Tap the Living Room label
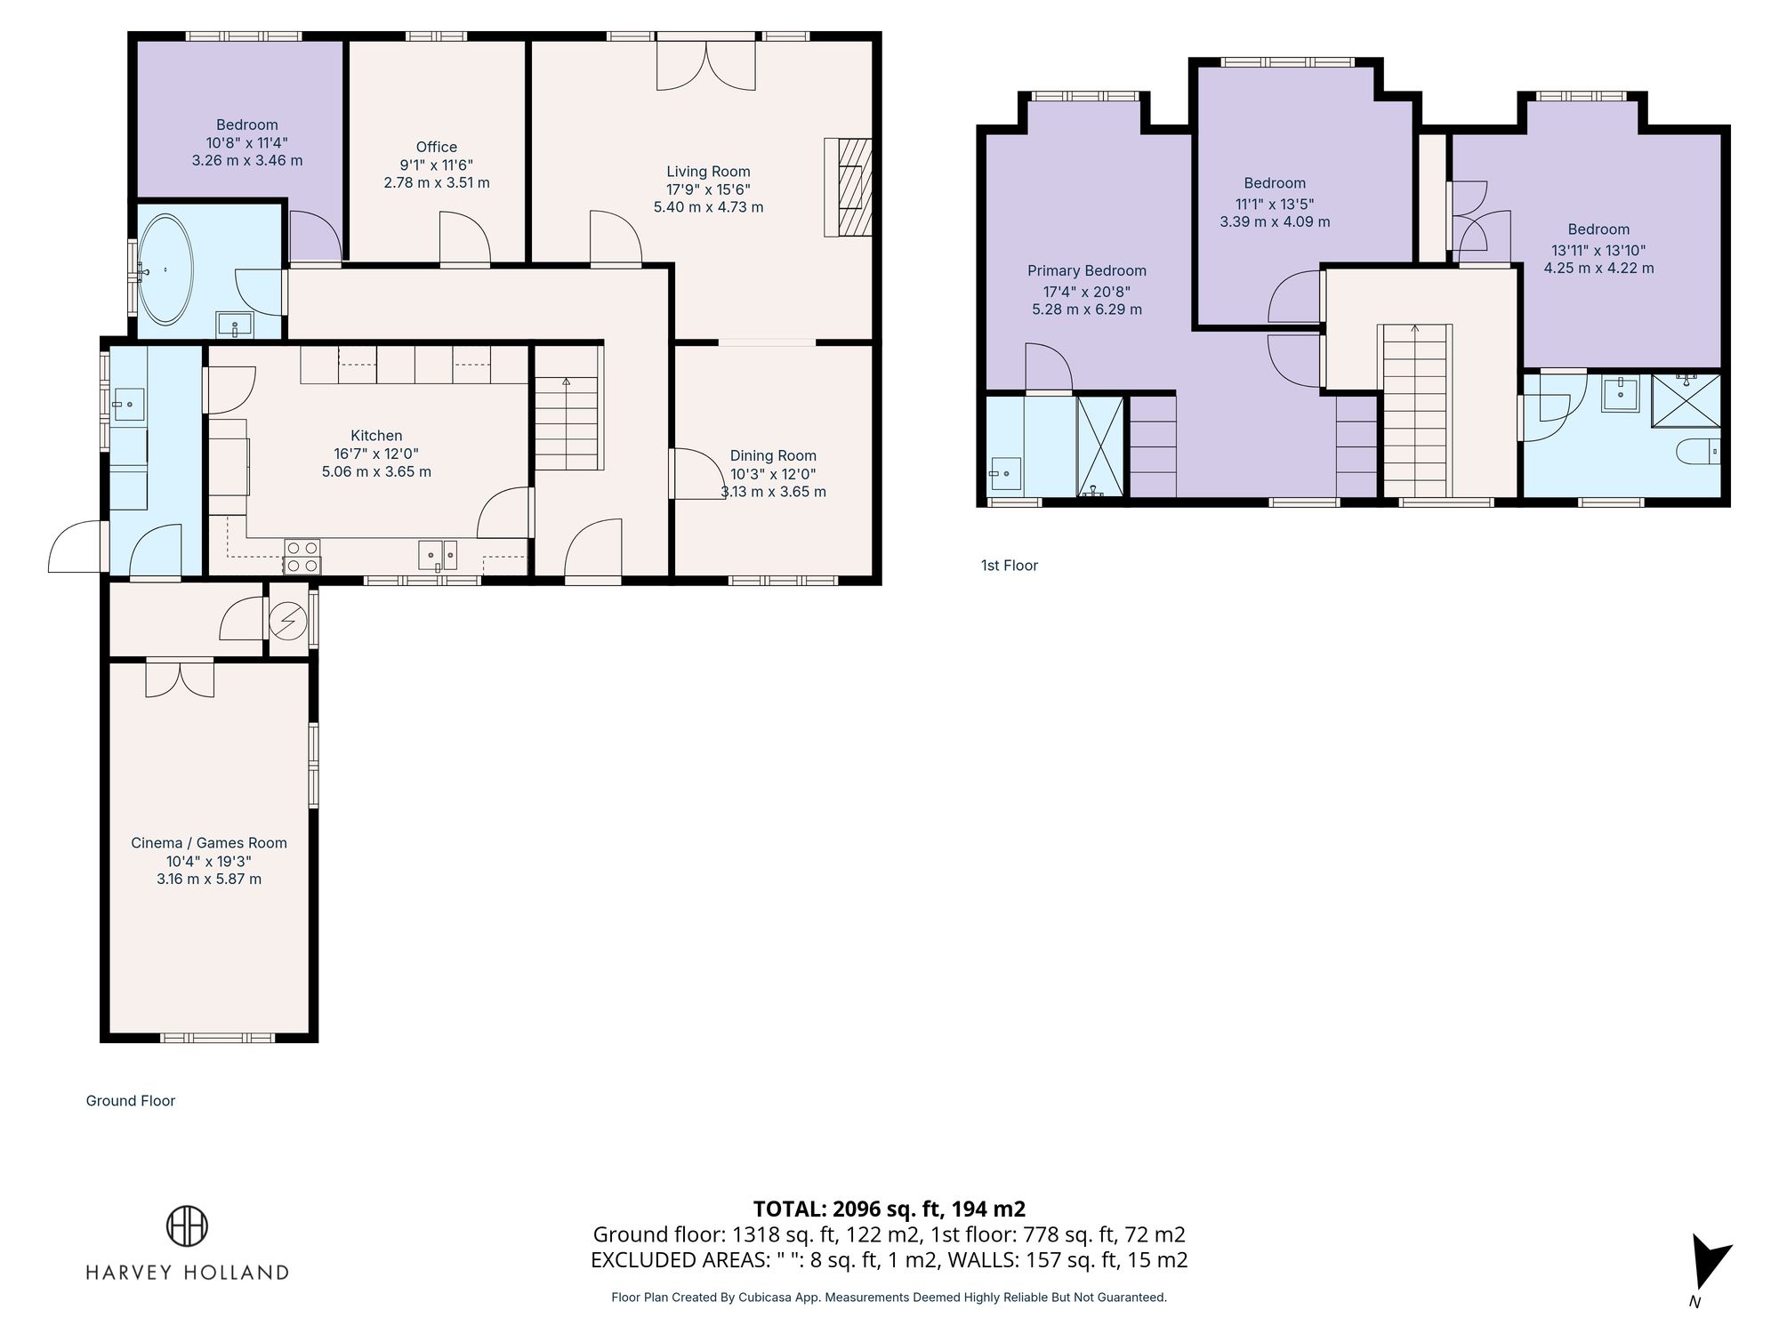click(708, 172)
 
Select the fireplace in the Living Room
click(848, 187)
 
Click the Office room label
click(436, 147)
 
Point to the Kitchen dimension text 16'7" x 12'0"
click(376, 454)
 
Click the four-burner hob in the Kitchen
click(302, 557)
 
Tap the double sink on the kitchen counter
click(438, 555)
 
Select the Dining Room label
click(773, 455)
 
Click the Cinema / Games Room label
click(209, 842)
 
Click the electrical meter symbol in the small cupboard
click(287, 621)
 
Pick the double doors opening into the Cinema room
click(180, 679)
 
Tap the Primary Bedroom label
click(1086, 270)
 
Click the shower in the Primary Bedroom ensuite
click(1100, 446)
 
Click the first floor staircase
click(1414, 411)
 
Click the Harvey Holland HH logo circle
click(187, 1226)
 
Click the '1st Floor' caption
click(1009, 565)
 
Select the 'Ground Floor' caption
click(131, 1100)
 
